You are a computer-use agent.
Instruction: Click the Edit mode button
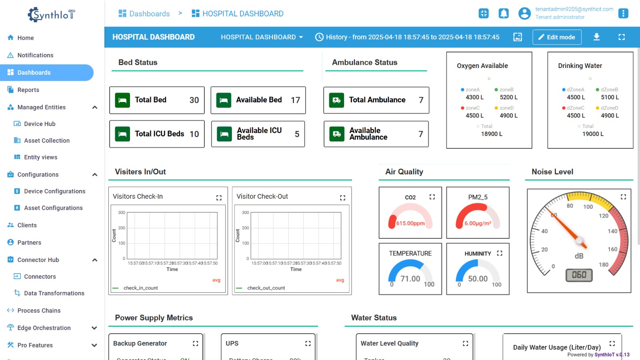tap(556, 37)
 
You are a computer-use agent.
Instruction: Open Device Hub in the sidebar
tap(40, 124)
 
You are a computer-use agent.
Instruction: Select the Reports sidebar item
tap(28, 90)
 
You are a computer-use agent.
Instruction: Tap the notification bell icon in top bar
tap(504, 14)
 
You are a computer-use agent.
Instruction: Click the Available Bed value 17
tap(295, 100)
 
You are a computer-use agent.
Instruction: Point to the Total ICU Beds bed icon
tap(122, 134)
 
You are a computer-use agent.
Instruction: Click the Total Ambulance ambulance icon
tap(336, 100)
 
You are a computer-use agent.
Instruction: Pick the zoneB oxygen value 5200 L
tap(508, 97)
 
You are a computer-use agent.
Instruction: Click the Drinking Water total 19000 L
tap(593, 134)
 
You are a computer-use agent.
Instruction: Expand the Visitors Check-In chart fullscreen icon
tap(219, 198)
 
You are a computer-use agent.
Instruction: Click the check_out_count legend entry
tap(266, 288)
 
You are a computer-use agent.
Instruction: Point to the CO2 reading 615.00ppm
tap(410, 224)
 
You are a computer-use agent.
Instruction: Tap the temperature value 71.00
tap(410, 279)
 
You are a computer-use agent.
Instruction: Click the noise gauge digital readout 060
tap(579, 275)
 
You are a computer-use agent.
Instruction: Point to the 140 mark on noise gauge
tap(612, 231)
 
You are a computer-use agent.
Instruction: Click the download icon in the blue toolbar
tap(596, 37)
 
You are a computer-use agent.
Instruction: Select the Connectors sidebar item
tap(40, 277)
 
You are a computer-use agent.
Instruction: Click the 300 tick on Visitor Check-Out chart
tap(245, 212)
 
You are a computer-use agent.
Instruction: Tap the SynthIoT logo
tap(51, 15)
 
